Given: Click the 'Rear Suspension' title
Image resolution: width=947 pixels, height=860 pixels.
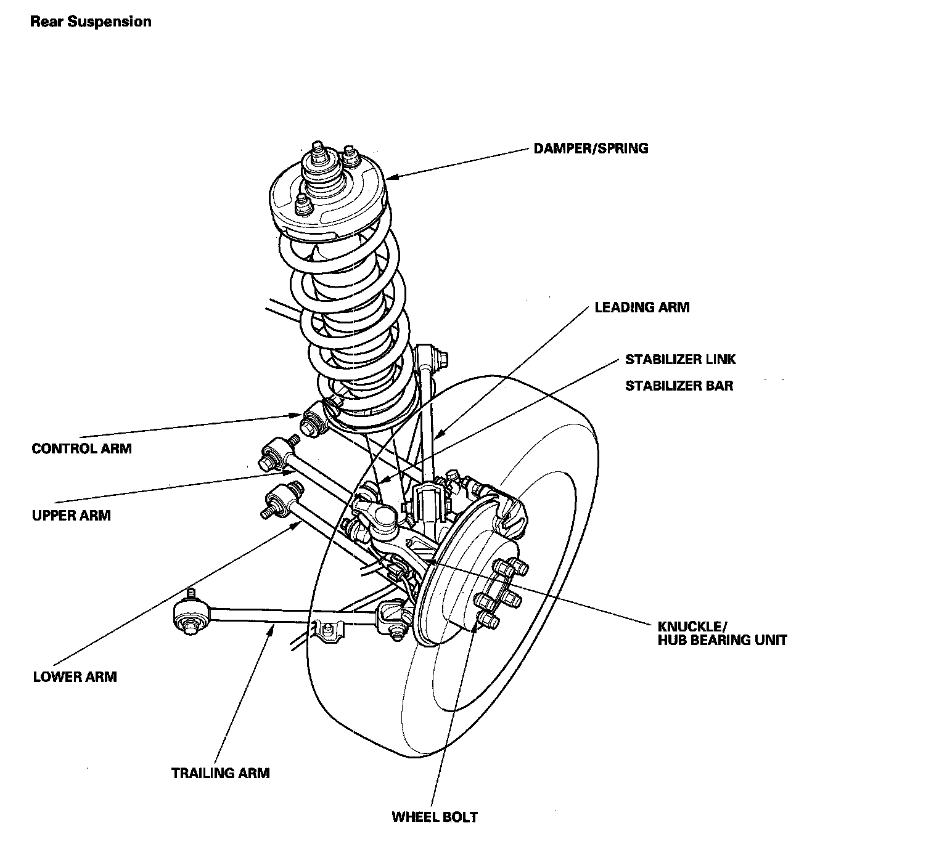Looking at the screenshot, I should pyautogui.click(x=91, y=22).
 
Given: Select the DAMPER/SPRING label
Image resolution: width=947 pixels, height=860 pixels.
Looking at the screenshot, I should pyautogui.click(x=591, y=148).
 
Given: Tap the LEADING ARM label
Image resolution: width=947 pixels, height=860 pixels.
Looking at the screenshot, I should pyautogui.click(x=642, y=307).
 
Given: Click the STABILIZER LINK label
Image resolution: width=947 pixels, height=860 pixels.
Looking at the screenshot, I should pyautogui.click(x=680, y=359).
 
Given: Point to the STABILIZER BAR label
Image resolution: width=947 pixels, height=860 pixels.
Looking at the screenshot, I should pyautogui.click(x=679, y=386).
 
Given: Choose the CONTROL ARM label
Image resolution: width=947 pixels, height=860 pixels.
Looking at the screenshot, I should pyautogui.click(x=81, y=448).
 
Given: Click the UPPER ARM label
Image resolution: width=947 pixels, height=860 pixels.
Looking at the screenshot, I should pyautogui.click(x=71, y=515).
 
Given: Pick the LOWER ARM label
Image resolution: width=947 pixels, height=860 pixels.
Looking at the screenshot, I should pyautogui.click(x=75, y=677).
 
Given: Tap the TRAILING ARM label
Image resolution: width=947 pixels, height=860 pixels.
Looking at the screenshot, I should pyautogui.click(x=220, y=773).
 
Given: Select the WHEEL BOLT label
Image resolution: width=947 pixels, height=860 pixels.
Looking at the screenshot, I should pyautogui.click(x=435, y=817).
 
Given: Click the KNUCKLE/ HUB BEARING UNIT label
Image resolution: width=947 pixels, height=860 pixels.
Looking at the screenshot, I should pyautogui.click(x=722, y=633).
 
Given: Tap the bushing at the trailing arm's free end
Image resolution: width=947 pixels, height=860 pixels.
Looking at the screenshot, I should pyautogui.click(x=189, y=614).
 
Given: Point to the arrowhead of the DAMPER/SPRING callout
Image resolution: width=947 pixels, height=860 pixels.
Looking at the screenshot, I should pyautogui.click(x=388, y=178).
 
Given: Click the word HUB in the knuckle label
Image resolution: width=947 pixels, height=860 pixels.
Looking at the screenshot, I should pyautogui.click(x=674, y=639).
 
